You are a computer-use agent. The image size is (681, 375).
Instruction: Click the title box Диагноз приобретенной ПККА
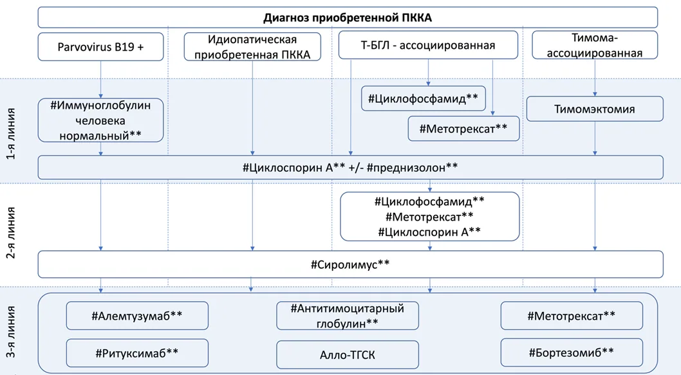(348, 17)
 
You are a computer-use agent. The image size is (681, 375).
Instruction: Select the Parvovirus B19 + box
(101, 46)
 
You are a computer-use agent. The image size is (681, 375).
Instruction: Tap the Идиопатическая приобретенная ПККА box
(252, 47)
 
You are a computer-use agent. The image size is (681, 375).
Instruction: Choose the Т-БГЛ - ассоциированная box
(428, 45)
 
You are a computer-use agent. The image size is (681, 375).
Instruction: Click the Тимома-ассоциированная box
(595, 45)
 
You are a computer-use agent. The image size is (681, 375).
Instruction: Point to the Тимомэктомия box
(595, 109)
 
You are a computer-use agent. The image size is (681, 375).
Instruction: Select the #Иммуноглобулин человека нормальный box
(101, 120)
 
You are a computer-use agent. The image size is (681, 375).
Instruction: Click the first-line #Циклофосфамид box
(424, 98)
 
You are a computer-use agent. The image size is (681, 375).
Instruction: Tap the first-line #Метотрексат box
(463, 129)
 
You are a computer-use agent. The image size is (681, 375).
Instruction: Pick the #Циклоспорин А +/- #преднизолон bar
(351, 167)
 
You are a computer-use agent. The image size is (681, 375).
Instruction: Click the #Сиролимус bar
(351, 264)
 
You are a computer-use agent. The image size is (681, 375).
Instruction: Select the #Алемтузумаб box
(137, 316)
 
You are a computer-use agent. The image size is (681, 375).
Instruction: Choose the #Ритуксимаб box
(137, 353)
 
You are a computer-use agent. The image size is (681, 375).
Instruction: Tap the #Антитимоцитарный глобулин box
(348, 316)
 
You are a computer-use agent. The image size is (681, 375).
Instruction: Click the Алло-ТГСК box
(348, 354)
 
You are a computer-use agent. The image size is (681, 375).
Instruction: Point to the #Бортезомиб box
(572, 352)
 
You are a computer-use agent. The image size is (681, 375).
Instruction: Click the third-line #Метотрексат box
(572, 316)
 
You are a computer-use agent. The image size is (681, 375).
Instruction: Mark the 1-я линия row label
(12, 134)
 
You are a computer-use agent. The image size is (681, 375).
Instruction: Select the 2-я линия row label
(12, 233)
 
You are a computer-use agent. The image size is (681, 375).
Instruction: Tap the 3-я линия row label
(12, 332)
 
